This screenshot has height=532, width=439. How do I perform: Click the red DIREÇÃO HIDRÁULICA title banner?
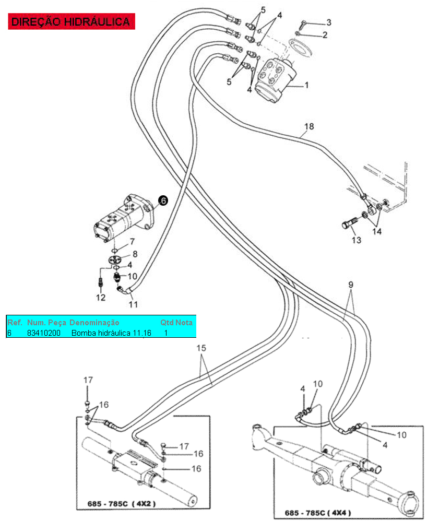pyautogui.click(x=70, y=21)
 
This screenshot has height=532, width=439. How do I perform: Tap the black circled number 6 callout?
pyautogui.click(x=163, y=200)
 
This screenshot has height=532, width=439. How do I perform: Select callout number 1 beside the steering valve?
pyautogui.click(x=306, y=85)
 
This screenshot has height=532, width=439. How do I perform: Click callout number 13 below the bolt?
pyautogui.click(x=356, y=240)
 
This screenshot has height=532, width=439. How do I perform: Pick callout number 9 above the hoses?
pyautogui.click(x=351, y=285)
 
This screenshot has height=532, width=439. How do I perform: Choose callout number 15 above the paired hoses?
pyautogui.click(x=201, y=348)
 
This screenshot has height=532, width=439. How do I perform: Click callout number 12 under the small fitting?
pyautogui.click(x=100, y=298)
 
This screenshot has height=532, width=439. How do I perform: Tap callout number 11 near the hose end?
pyautogui.click(x=133, y=304)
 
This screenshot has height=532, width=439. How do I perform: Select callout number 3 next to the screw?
pyautogui.click(x=328, y=22)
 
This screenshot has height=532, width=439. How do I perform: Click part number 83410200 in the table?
pyautogui.click(x=44, y=333)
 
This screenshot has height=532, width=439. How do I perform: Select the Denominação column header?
pyautogui.click(x=94, y=323)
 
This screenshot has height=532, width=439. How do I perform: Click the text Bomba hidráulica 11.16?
pyautogui.click(x=111, y=333)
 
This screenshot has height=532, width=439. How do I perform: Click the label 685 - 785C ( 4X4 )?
pyautogui.click(x=319, y=513)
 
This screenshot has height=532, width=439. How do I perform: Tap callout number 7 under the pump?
pyautogui.click(x=132, y=242)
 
